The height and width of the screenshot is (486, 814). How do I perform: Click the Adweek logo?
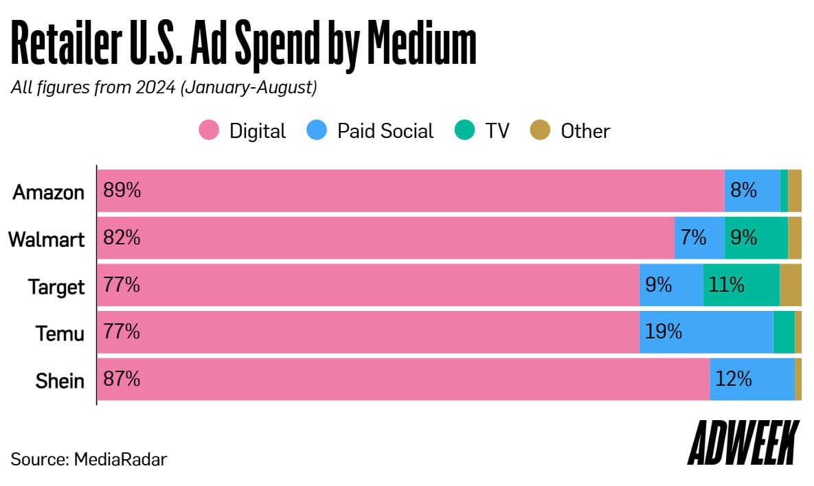743,444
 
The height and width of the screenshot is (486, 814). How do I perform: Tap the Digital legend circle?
209,130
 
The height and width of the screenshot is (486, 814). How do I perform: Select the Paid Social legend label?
385,130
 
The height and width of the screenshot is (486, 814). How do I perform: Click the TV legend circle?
464,130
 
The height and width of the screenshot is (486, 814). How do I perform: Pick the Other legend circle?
540,130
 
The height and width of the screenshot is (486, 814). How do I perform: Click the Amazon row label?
49,192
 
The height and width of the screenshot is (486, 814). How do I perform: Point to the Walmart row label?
47,240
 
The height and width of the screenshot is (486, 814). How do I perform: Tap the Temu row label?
60,334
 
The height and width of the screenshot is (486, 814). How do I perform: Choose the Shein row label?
60,380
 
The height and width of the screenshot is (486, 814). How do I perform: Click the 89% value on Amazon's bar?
122,191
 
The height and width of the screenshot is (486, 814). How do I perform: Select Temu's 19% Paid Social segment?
705,332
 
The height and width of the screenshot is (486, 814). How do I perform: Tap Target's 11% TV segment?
740,285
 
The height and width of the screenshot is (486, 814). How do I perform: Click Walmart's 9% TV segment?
756,238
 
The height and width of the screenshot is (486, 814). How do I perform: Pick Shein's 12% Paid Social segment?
751,379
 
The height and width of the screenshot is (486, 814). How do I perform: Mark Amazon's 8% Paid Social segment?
751,191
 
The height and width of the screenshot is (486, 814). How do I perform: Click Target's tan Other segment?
790,285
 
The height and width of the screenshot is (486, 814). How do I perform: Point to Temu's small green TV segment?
783,332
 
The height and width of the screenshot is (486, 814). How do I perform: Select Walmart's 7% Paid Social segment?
699,238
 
